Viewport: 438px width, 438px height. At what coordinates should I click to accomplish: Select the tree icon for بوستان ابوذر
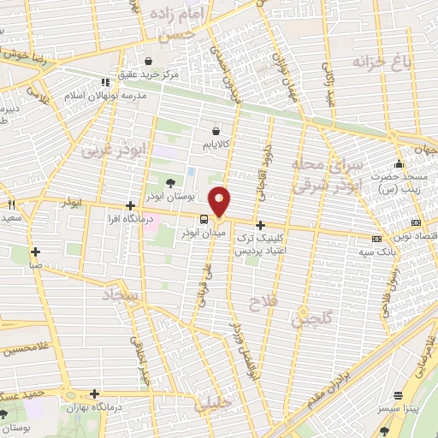[170, 182]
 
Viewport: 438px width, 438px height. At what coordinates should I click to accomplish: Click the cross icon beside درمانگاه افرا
[129, 205]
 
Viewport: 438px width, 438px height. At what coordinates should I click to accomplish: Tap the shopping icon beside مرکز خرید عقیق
[151, 62]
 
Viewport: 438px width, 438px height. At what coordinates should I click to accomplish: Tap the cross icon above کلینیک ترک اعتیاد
[260, 225]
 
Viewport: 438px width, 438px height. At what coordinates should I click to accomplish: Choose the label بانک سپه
[376, 253]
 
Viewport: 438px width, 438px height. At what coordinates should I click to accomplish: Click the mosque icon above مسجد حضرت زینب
[397, 165]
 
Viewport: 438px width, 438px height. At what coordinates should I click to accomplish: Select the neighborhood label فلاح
[259, 302]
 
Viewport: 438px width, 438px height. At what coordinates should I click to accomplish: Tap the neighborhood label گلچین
[310, 318]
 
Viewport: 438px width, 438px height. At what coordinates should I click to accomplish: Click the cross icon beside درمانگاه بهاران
[92, 394]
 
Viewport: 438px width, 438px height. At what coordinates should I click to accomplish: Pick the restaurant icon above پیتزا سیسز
[397, 395]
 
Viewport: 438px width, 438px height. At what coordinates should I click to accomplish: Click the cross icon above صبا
[35, 252]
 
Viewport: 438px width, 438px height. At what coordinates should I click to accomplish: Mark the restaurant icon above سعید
[12, 205]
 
